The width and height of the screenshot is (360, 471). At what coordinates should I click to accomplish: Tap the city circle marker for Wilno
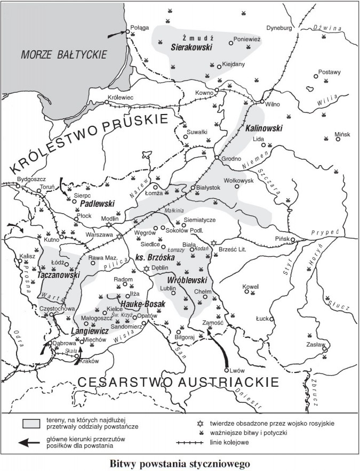[262, 101]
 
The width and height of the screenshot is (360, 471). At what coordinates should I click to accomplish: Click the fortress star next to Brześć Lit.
[214, 243]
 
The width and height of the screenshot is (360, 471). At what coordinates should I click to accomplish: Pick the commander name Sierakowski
[191, 47]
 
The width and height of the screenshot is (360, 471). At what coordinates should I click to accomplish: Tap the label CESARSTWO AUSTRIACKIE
[178, 382]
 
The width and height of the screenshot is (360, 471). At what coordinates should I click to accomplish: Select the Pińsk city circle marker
[293, 240]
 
